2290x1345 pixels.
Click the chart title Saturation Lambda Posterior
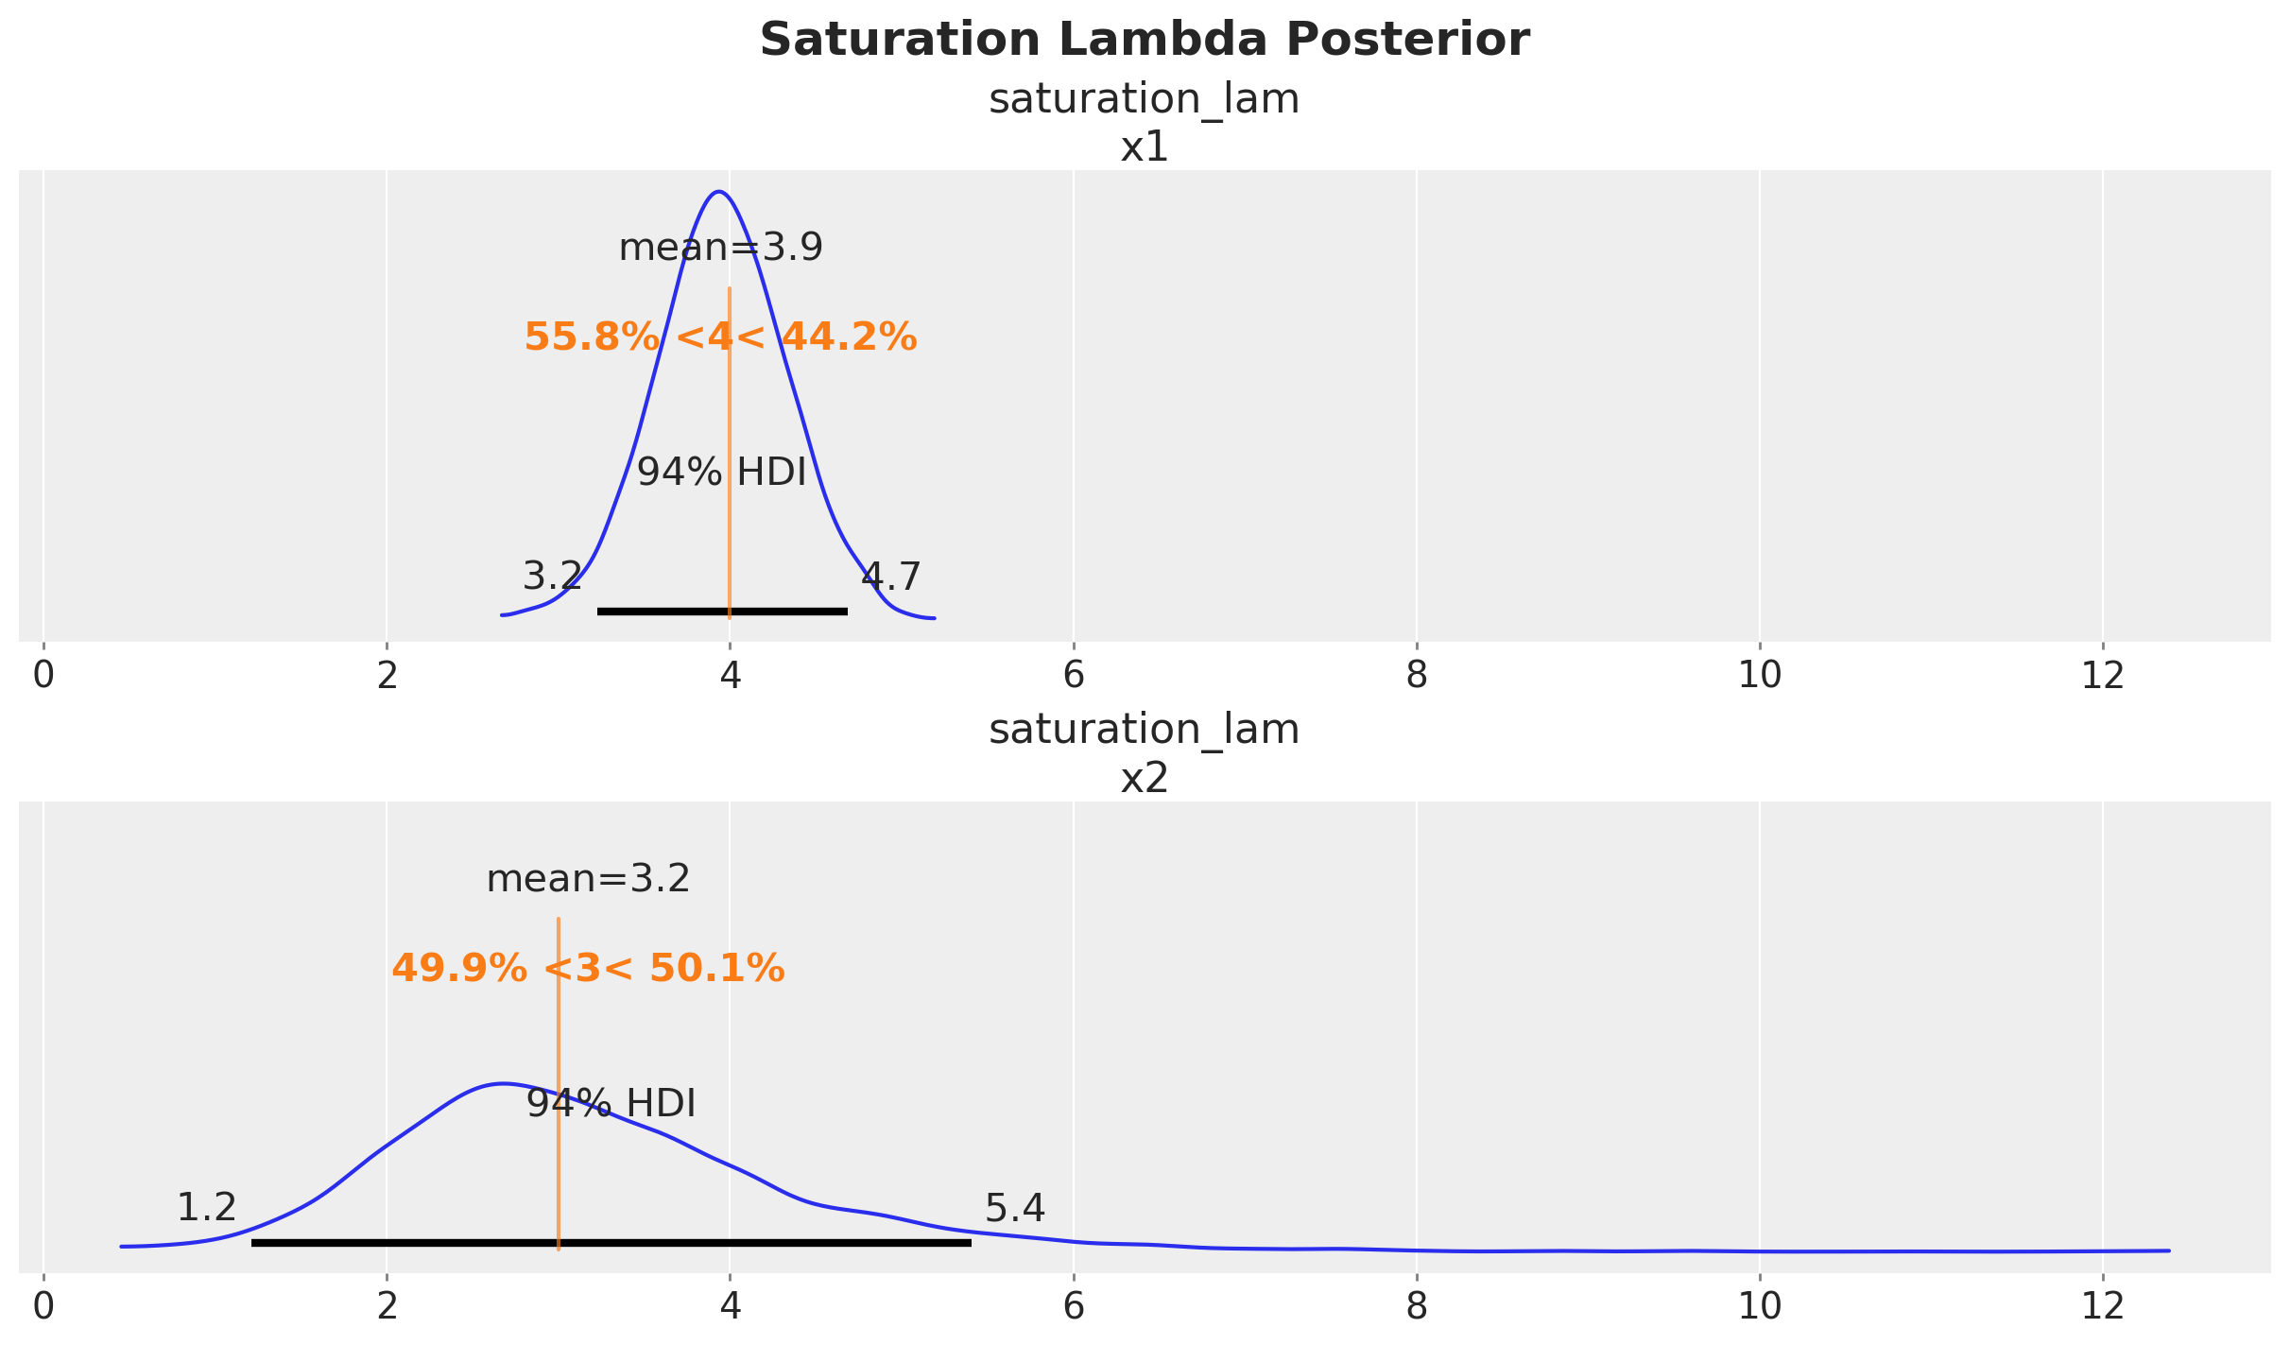tap(1145, 41)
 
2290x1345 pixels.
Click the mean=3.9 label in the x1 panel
tap(721, 249)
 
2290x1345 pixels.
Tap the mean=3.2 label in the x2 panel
tap(589, 880)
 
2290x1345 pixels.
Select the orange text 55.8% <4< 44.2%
tap(721, 337)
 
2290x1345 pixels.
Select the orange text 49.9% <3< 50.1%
tap(589, 969)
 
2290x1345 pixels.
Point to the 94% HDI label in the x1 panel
tap(722, 473)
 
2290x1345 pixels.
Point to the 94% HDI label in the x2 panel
tap(611, 1104)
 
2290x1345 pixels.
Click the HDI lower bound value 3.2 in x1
tap(553, 577)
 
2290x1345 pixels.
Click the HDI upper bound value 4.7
tap(891, 577)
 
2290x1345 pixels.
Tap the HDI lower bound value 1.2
tap(207, 1208)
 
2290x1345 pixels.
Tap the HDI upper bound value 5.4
tap(1015, 1208)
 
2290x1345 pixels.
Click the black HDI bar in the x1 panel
tap(722, 612)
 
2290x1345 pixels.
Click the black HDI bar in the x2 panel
tap(611, 1243)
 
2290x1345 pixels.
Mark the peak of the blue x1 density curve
tap(719, 192)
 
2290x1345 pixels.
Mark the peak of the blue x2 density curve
tap(503, 1083)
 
